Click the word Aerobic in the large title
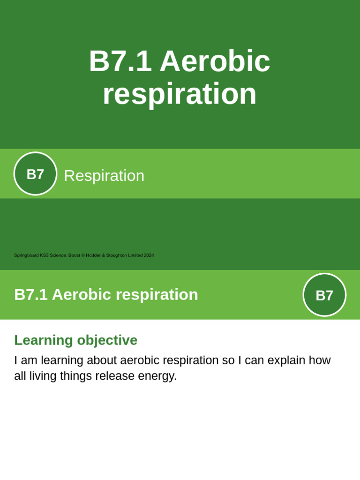point(215,61)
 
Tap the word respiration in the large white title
point(180,94)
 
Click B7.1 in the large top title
point(120,61)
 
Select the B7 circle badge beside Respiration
point(35,174)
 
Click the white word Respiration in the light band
point(104,176)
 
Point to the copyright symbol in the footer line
point(83,255)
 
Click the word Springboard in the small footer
point(26,255)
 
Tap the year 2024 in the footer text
point(149,255)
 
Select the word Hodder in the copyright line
point(93,255)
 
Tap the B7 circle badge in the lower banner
point(324,295)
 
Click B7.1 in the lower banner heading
point(31,295)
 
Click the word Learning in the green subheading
point(44,340)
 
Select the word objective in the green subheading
point(107,340)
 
